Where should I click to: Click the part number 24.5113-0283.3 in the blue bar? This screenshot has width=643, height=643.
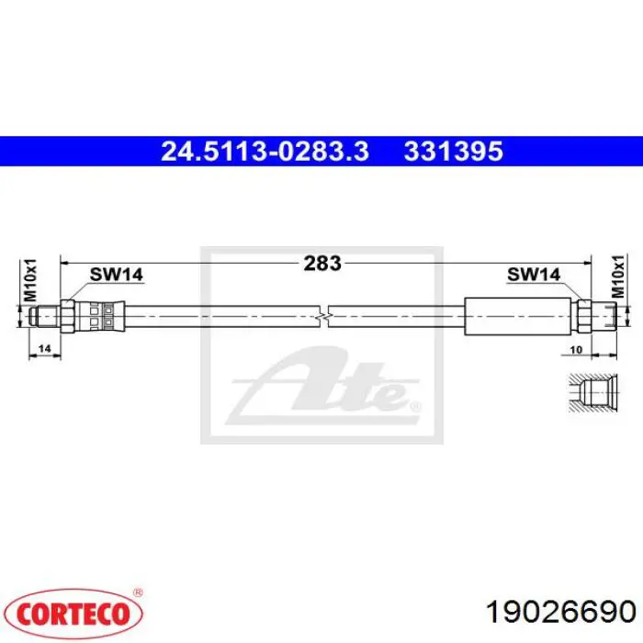coord(265,151)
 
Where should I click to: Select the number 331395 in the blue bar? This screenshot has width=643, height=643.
coord(454,151)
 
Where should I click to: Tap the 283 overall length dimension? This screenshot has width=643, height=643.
coord(322,264)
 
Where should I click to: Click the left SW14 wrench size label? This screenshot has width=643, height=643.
coord(117,275)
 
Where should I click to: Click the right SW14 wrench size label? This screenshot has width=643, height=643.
coord(534,275)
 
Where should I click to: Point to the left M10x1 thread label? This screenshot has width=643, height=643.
coord(30,280)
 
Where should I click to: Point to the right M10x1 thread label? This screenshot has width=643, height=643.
coord(617,276)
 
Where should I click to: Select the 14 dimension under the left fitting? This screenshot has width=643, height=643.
coord(44,348)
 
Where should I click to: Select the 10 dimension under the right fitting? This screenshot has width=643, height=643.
coord(576,349)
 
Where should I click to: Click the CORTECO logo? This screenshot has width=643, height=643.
coord(74,614)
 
